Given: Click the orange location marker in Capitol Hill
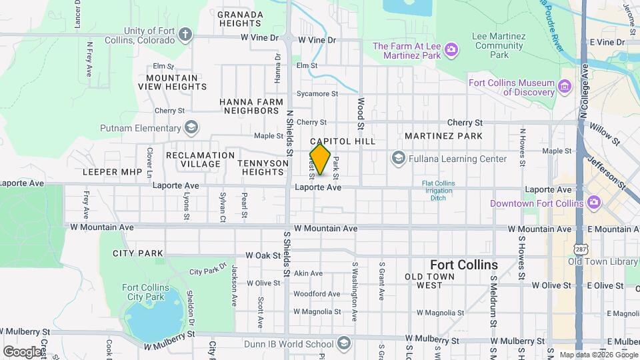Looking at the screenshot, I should (320, 159).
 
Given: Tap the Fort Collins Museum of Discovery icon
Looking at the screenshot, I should (565, 86).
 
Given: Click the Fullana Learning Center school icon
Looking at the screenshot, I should (399, 158).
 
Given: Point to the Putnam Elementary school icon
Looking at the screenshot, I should (191, 127).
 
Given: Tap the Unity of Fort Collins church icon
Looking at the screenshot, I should (185, 35).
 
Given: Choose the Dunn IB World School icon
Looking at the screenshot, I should (343, 344).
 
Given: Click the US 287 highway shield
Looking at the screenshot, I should (577, 247).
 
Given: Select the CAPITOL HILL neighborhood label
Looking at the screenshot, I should (343, 141).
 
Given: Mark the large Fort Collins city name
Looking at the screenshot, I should (463, 265).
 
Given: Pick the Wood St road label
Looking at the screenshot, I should (361, 113).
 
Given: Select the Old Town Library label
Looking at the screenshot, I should (603, 261).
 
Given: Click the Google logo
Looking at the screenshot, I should (22, 351).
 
